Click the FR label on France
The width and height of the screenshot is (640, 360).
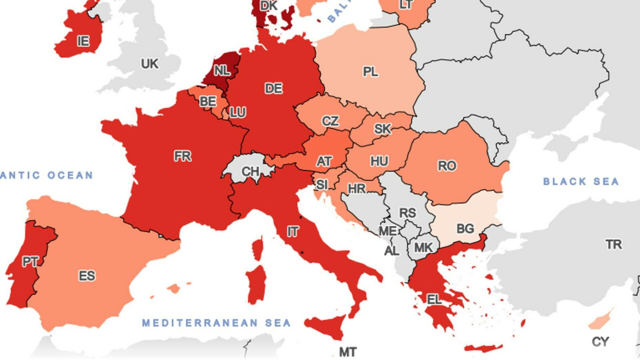click(x=183, y=156)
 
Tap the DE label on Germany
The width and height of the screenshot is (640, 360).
click(x=274, y=89)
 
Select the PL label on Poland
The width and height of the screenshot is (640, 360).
click(x=370, y=72)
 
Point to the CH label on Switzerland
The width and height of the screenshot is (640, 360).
click(x=250, y=172)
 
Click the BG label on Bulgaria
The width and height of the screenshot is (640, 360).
click(x=465, y=229)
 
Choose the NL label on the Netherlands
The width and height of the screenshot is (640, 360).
click(x=222, y=70)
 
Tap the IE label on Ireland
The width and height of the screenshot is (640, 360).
click(x=83, y=41)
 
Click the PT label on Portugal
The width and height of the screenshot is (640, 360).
click(x=30, y=262)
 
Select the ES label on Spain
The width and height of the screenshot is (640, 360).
click(x=87, y=276)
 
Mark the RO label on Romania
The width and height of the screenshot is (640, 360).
click(x=447, y=166)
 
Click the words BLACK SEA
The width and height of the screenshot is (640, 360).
click(x=581, y=182)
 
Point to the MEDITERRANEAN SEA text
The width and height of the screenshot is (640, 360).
click(x=216, y=323)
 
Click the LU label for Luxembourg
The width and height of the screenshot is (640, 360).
click(x=238, y=112)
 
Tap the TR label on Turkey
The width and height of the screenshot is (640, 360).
click(x=614, y=245)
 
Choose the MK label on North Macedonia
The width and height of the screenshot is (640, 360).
click(x=423, y=248)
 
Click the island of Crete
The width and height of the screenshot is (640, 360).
click(x=483, y=348)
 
